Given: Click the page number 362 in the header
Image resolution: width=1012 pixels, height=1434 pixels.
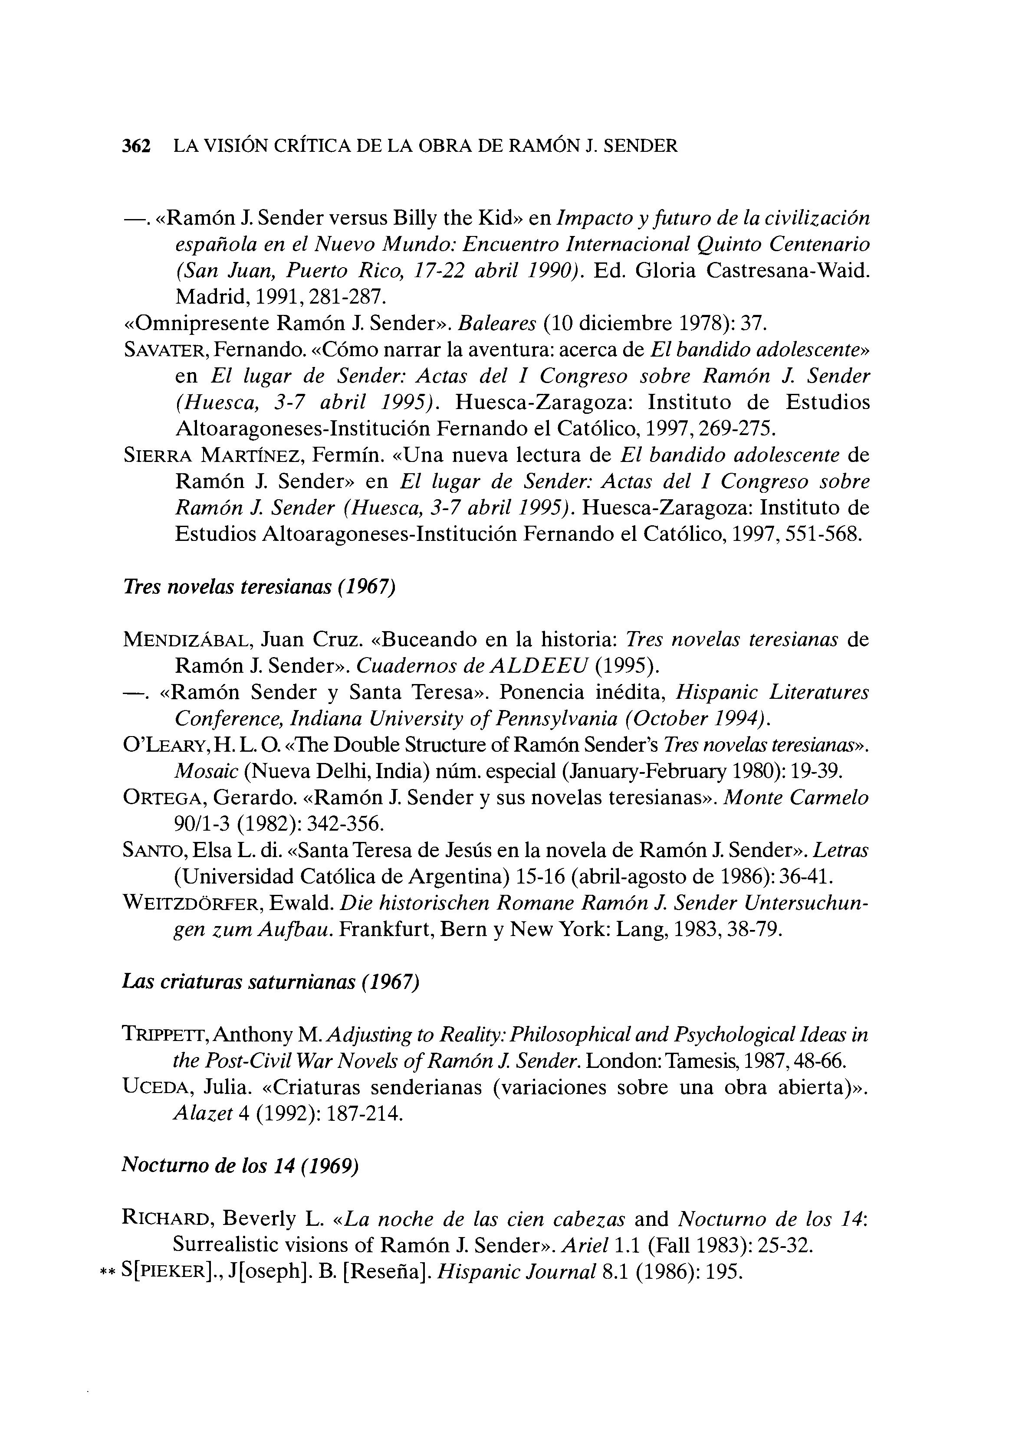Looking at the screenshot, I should coord(136,146).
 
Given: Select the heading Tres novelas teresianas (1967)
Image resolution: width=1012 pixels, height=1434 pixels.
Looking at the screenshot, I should coord(259,587).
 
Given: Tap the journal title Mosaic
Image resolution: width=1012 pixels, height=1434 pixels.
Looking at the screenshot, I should coord(206,772).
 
